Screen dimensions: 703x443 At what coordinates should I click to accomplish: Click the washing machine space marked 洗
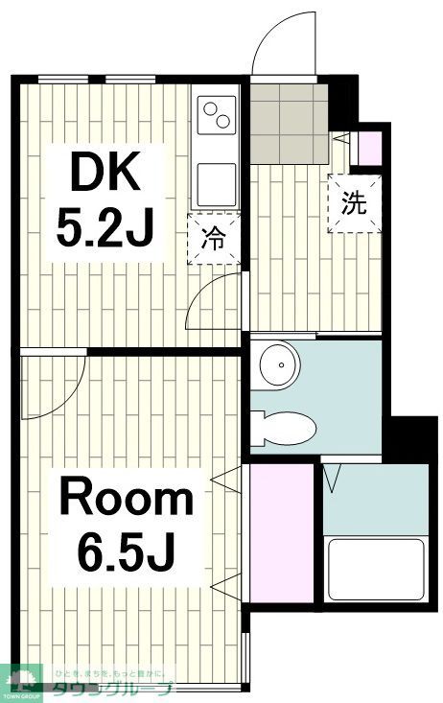[x=353, y=203]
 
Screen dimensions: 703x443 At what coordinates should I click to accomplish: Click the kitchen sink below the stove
[x=217, y=180]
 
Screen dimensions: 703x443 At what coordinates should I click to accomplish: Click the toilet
[x=285, y=425]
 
